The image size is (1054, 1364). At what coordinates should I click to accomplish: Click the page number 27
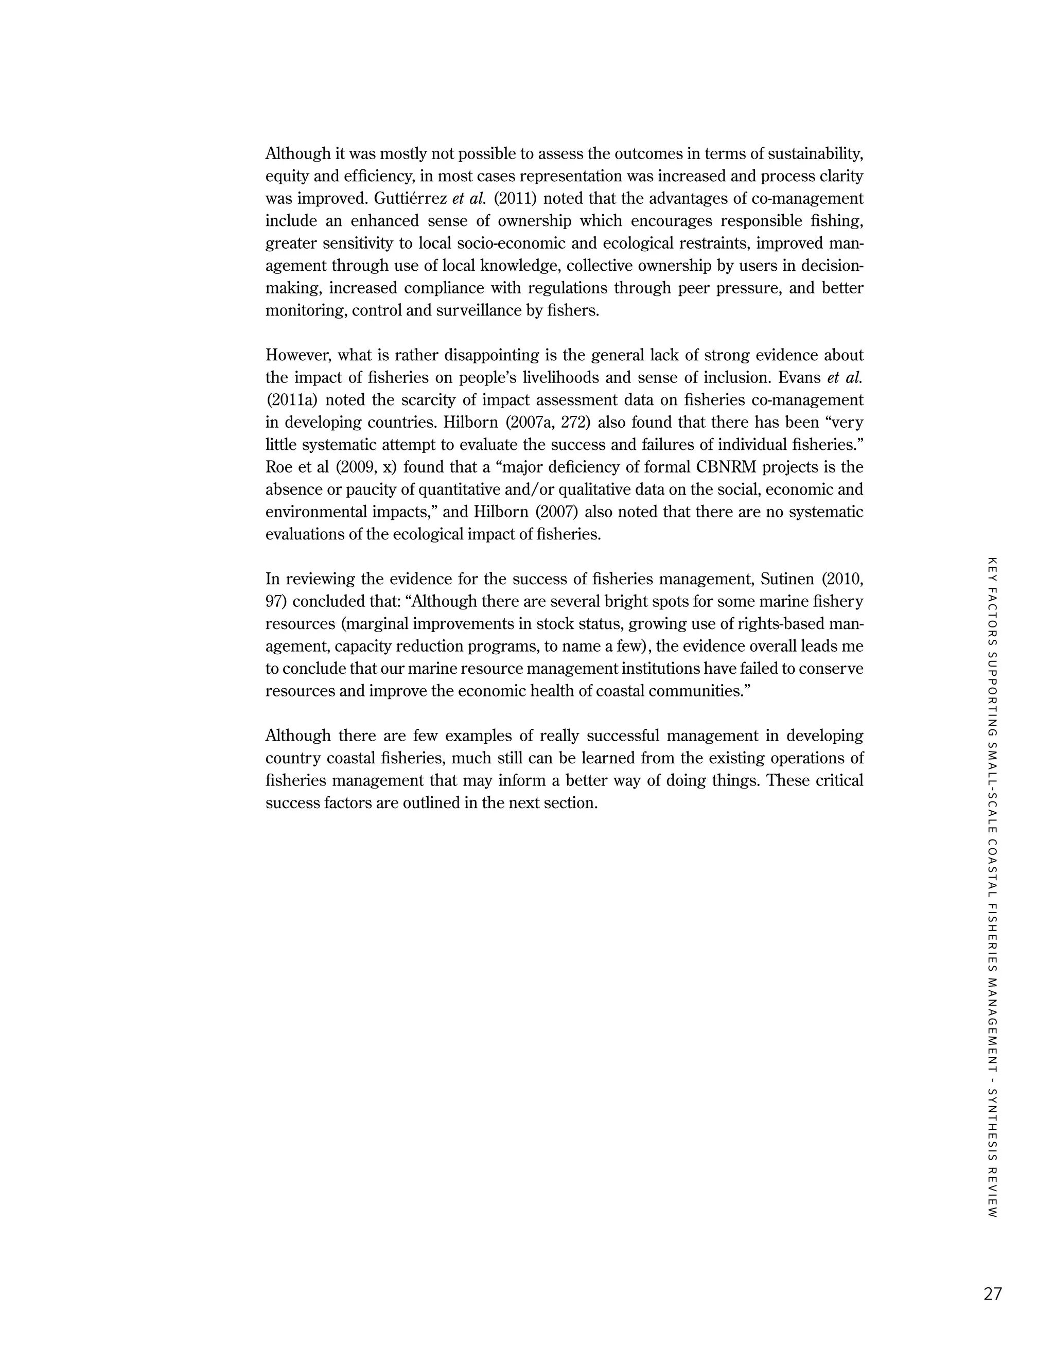pyautogui.click(x=992, y=1293)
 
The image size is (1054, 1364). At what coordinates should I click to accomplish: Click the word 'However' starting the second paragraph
pyautogui.click(x=298, y=355)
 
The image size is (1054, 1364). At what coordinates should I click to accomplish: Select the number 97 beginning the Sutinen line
pyautogui.click(x=275, y=601)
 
